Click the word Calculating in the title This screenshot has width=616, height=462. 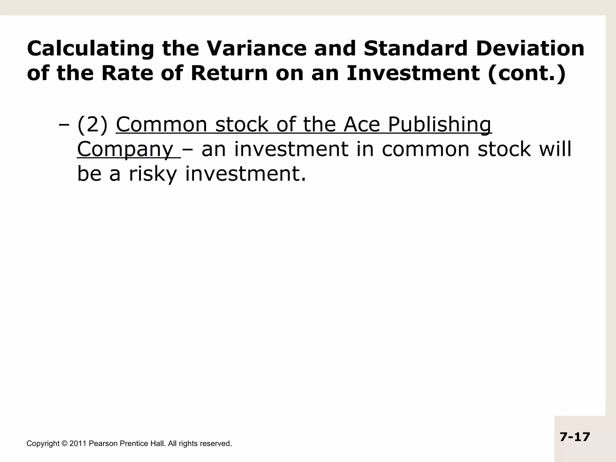click(91, 49)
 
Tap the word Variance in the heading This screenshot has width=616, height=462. click(256, 49)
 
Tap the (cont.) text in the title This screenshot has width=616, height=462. click(527, 73)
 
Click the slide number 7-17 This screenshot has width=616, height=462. click(575, 437)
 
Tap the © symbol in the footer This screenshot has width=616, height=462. click(65, 444)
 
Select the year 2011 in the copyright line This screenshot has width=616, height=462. click(78, 444)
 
